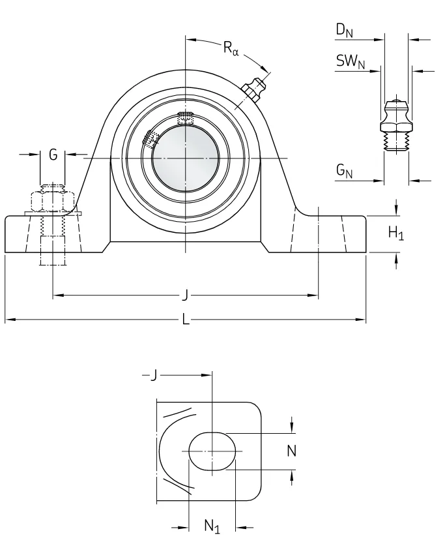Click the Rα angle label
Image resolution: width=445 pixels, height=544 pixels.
pyautogui.click(x=231, y=48)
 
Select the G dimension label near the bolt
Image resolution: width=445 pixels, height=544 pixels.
pyautogui.click(x=53, y=155)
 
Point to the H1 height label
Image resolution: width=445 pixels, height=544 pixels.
pyautogui.click(x=395, y=232)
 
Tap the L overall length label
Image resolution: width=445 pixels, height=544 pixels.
pyautogui.click(x=186, y=319)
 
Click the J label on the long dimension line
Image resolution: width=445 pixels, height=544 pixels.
pyautogui.click(x=186, y=295)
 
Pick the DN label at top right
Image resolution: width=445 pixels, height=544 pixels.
pyautogui.click(x=345, y=30)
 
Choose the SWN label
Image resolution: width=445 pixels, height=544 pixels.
pyautogui.click(x=351, y=62)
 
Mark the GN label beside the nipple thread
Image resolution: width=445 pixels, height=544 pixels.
pyautogui.click(x=344, y=171)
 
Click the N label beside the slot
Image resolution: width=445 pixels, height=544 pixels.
pyautogui.click(x=292, y=451)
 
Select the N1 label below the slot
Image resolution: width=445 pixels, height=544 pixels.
pyautogui.click(x=212, y=526)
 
